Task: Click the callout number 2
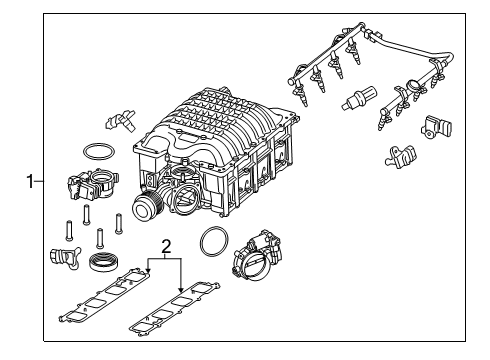(x=168, y=244)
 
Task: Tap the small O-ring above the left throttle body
(x=95, y=152)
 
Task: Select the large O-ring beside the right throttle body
(x=213, y=243)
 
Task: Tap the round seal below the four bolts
(x=101, y=264)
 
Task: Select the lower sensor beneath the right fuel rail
(x=399, y=156)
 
